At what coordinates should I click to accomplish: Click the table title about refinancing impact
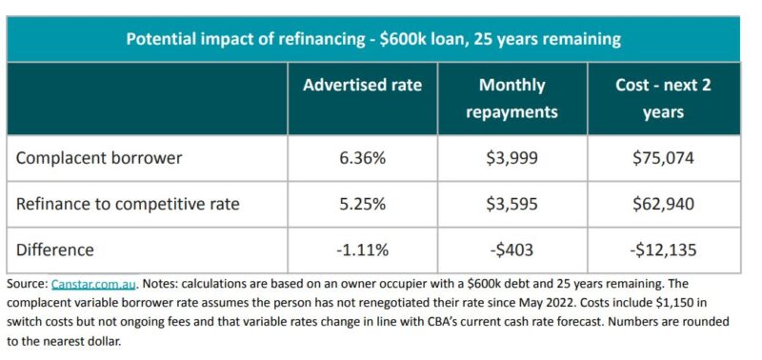tap(374, 39)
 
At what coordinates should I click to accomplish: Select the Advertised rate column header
tap(362, 86)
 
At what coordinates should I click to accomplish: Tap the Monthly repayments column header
tap(511, 98)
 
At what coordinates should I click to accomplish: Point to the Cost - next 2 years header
tap(663, 98)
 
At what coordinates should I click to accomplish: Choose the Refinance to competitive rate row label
tap(127, 204)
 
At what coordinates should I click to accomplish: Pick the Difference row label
tap(55, 250)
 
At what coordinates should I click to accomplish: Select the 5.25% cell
tap(362, 204)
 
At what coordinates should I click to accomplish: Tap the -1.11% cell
tap(362, 250)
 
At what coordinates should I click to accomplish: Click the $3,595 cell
tap(511, 204)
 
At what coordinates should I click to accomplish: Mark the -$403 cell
tap(511, 250)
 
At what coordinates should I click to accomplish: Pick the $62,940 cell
tap(663, 204)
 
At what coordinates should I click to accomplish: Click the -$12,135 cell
tap(663, 250)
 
